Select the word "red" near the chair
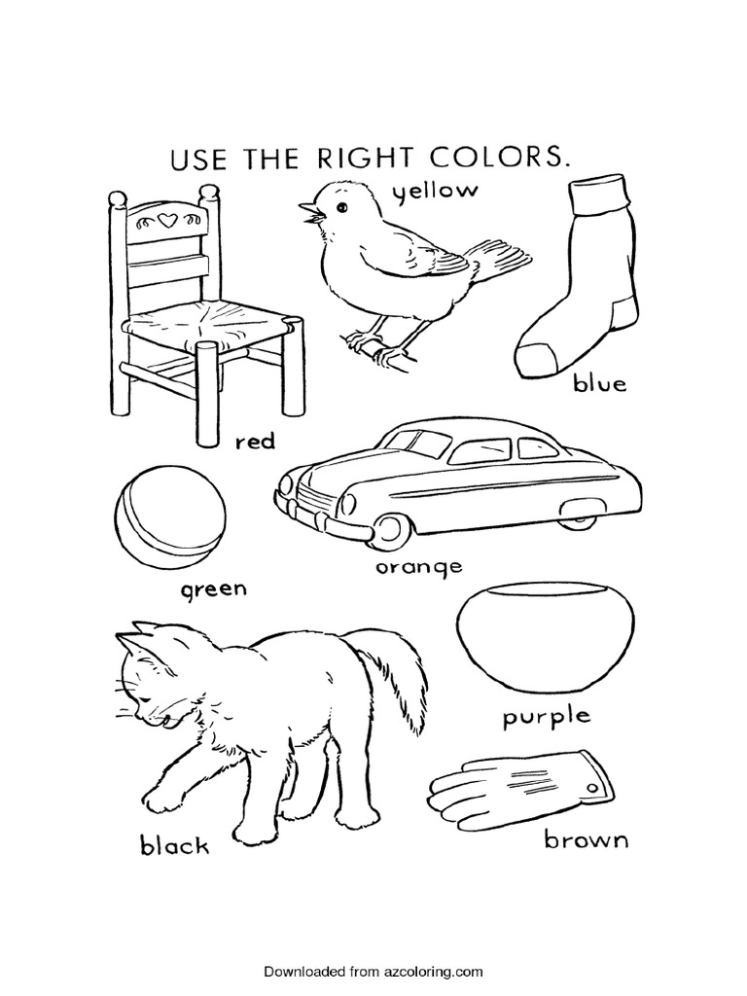click(x=256, y=442)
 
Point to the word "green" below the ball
click(x=212, y=589)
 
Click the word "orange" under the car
click(x=421, y=565)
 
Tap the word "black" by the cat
click(x=174, y=844)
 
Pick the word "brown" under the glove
click(x=586, y=838)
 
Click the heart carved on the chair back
click(x=165, y=221)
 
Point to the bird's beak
click(x=307, y=212)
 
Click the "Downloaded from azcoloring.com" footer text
click(x=373, y=971)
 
